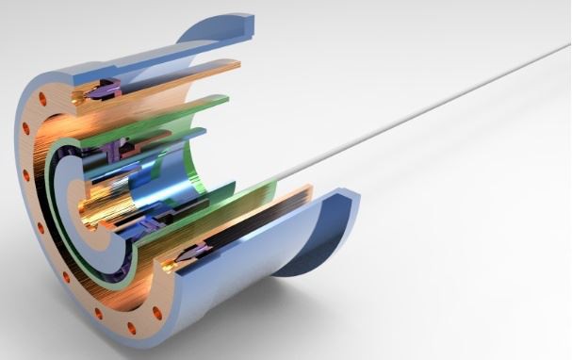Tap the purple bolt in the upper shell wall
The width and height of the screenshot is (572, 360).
[102, 92]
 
